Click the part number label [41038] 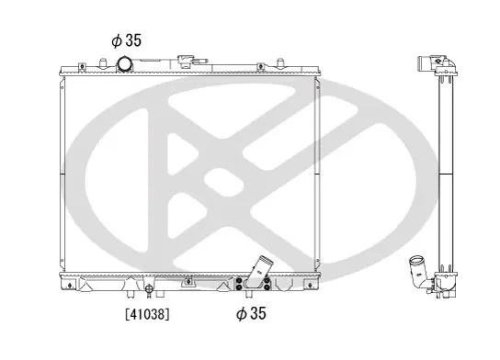(x=147, y=314)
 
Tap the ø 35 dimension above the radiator (x=126, y=40)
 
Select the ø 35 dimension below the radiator (x=251, y=313)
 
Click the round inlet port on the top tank (x=124, y=64)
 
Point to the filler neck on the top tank (x=186, y=61)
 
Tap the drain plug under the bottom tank (x=148, y=289)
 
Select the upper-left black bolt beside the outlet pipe (x=239, y=281)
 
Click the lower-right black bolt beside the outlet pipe (x=267, y=287)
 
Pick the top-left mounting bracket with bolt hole (x=83, y=67)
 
